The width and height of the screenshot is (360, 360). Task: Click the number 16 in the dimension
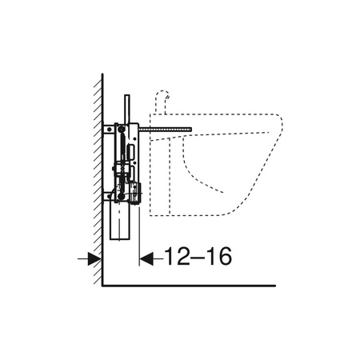pos(218,257)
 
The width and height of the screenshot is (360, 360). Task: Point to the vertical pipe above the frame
pos(126,108)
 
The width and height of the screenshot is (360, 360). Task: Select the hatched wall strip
pos(97,176)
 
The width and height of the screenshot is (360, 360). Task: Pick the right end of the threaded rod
pos(193,127)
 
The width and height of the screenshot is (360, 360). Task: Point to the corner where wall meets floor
pos(102,285)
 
